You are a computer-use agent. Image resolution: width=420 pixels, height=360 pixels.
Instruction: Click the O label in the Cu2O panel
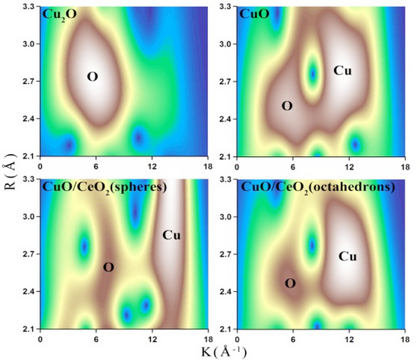tap(92, 76)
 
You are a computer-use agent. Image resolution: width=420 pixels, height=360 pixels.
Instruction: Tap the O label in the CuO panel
tap(286, 106)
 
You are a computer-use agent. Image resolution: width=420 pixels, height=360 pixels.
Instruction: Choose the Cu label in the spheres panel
tap(171, 235)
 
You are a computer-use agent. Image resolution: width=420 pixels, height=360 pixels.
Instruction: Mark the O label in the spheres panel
tap(108, 267)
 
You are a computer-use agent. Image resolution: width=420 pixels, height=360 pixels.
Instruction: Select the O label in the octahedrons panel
tap(290, 283)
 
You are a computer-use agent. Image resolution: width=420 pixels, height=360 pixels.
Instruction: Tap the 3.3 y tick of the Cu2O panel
tap(30, 7)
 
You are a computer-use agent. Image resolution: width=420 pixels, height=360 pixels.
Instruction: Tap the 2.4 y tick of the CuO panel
tap(227, 119)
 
